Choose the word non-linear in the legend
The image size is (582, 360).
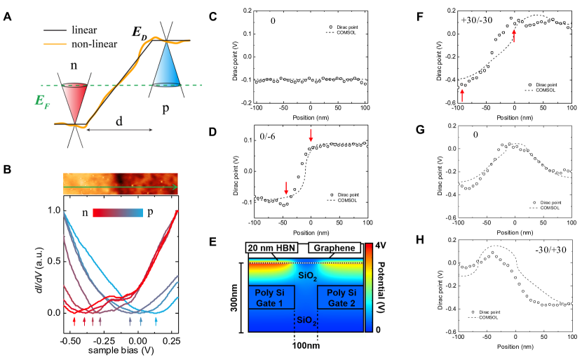pyautogui.click(x=94, y=44)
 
